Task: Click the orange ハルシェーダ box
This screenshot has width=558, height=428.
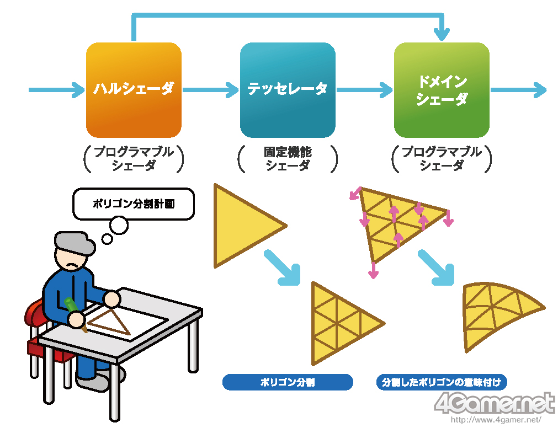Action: pyautogui.click(x=134, y=90)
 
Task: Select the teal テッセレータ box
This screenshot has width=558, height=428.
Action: pyautogui.click(x=288, y=90)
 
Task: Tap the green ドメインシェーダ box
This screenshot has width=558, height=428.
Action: pyautogui.click(x=442, y=90)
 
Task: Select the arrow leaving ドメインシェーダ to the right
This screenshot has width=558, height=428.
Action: pyautogui.click(x=518, y=89)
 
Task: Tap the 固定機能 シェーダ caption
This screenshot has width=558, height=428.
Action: pyautogui.click(x=288, y=159)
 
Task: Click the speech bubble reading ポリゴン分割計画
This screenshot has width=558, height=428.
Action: pyautogui.click(x=134, y=204)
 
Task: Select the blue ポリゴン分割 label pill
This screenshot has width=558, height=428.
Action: pyautogui.click(x=288, y=382)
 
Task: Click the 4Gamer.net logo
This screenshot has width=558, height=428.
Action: pyautogui.click(x=495, y=404)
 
